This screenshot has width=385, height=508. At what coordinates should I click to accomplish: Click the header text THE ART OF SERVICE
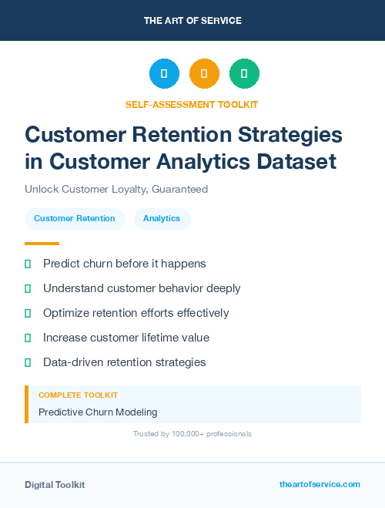[192, 21]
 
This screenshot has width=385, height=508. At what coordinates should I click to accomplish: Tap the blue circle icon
[164, 74]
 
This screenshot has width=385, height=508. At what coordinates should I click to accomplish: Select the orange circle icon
[204, 74]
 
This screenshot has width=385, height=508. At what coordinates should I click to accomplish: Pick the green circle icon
[244, 74]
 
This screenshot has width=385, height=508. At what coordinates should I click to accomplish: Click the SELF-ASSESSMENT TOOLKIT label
[192, 104]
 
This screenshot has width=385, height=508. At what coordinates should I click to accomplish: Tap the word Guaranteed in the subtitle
[179, 189]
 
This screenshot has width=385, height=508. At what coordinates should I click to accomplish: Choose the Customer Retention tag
[75, 219]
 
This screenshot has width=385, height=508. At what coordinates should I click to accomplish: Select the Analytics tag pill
[162, 219]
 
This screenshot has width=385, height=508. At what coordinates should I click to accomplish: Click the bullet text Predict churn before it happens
[124, 264]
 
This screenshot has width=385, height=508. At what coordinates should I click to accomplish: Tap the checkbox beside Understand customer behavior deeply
[28, 288]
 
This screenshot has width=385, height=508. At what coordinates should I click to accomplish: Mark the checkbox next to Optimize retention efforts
[28, 313]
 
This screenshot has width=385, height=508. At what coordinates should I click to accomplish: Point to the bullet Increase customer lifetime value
[126, 338]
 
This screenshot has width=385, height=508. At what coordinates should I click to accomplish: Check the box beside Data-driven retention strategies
[28, 362]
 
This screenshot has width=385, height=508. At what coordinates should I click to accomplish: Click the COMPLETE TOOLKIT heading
[78, 395]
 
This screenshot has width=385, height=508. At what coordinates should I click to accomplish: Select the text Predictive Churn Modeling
[98, 412]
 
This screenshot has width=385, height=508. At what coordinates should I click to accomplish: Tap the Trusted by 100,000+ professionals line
[192, 434]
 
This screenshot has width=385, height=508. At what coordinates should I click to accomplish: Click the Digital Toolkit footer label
[55, 485]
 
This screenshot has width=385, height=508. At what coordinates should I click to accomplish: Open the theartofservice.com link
[320, 484]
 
